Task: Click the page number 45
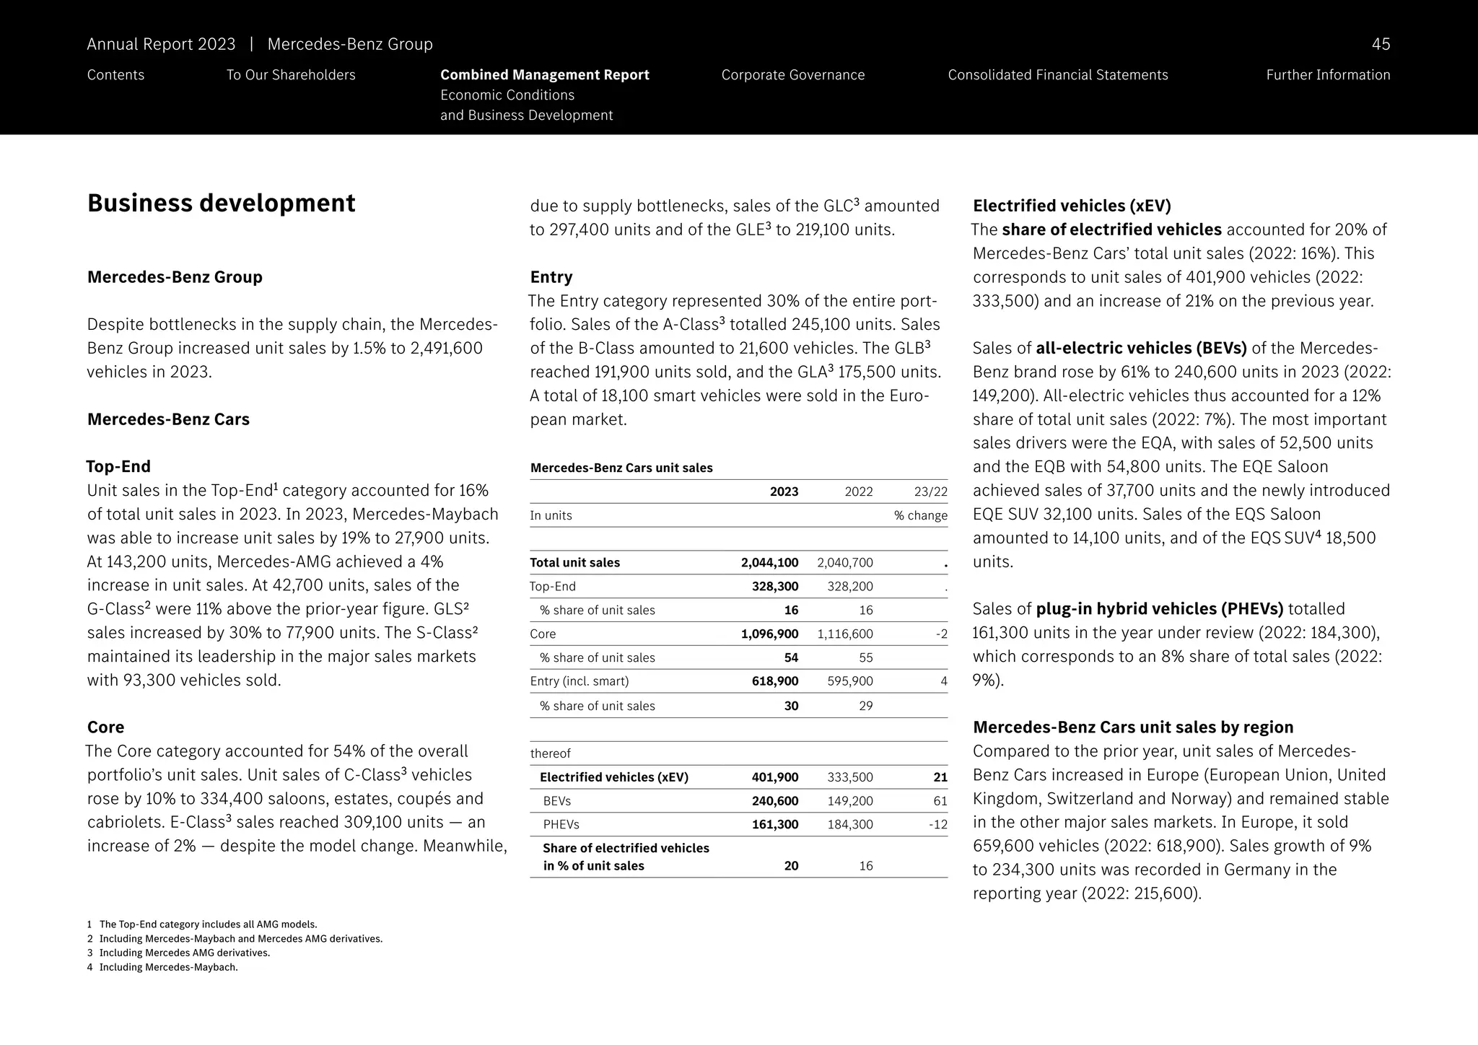[x=1380, y=44]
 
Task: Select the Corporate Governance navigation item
[x=792, y=75]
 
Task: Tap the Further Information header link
[x=1327, y=75]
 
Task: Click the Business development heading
[x=221, y=203]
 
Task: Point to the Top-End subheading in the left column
[x=118, y=466]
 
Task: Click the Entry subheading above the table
[x=551, y=277]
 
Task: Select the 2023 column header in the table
[x=784, y=491]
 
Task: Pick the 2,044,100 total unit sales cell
[x=769, y=563]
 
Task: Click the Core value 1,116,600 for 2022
[x=844, y=634]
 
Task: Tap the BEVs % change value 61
[x=940, y=801]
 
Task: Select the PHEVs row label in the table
[x=561, y=824]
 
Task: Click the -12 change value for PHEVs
[x=938, y=824]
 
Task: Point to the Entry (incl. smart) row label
[x=579, y=681]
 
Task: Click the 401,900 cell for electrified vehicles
[x=774, y=777]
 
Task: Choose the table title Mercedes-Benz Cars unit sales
[x=621, y=468]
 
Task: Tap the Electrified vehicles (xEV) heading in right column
[x=1072, y=206]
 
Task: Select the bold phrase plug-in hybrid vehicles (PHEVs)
[x=1159, y=609]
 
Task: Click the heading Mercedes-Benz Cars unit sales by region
[x=1132, y=727]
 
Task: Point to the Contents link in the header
[x=115, y=75]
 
